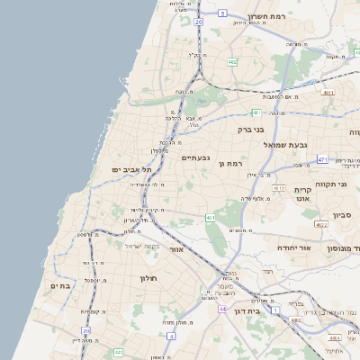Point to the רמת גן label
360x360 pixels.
coord(232,164)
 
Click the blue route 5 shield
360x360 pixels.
coord(221,14)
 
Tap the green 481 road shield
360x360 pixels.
coord(256,112)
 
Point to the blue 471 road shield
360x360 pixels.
coord(322,159)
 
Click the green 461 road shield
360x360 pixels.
coord(210,218)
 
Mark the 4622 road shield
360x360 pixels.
coord(321,224)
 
